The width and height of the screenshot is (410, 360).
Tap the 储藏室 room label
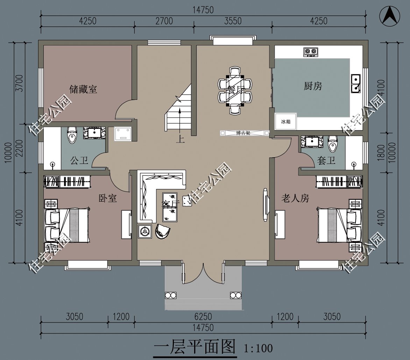pos(83,89)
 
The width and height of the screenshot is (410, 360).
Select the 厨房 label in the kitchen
pos(313,86)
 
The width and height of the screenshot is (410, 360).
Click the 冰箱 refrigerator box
pos(286,122)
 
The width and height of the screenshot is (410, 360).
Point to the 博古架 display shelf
pos(245,133)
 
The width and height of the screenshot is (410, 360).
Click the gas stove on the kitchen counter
pos(310,52)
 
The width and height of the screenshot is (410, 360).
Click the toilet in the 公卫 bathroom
pos(72,134)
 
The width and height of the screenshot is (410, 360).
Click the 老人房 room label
pos(295,199)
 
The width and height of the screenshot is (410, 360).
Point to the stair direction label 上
pos(180,139)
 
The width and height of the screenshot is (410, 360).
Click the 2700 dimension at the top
pos(164,21)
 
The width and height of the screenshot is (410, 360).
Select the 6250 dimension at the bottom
pos(203,317)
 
